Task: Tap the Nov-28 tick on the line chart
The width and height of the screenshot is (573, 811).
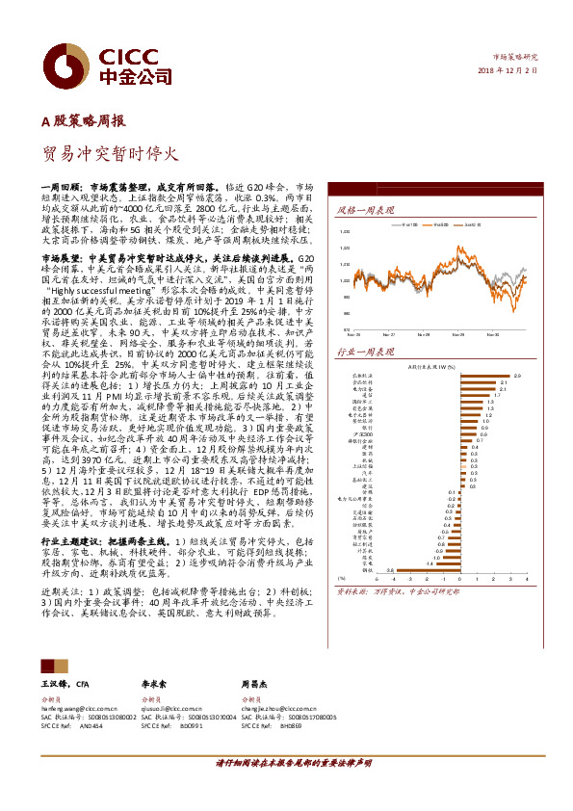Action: tap(422, 334)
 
